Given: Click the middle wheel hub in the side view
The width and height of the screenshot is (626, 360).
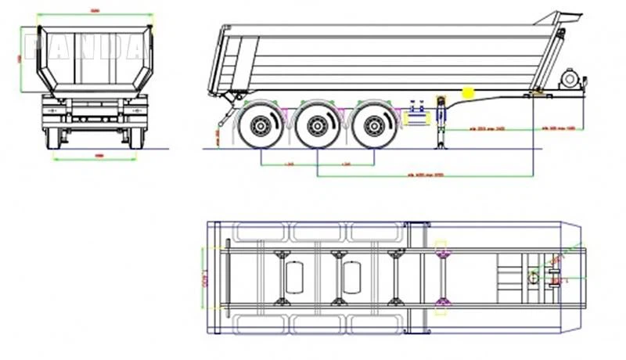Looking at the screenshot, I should point(317,124).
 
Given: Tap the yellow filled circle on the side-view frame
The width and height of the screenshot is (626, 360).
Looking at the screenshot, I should point(469,92).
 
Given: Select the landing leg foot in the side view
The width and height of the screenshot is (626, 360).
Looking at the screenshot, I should point(440,145).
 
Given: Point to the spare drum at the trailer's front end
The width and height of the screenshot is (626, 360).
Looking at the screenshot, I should point(570,80).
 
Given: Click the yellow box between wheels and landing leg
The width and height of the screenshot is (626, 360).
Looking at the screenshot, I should point(416,118).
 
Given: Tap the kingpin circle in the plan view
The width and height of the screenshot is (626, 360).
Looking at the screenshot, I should point(533,275).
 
